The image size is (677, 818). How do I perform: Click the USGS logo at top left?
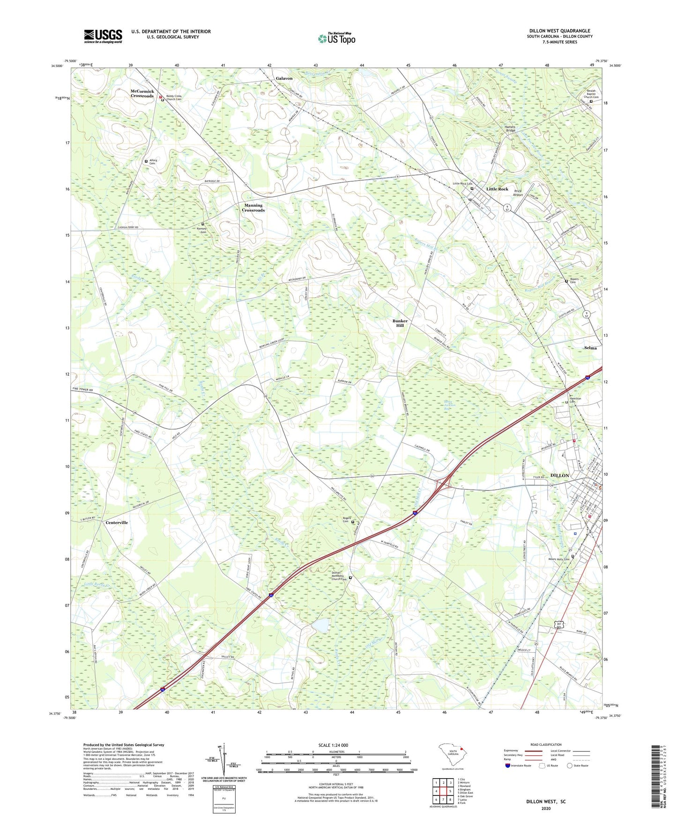pos(103,36)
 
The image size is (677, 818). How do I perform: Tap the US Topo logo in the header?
pos(336,38)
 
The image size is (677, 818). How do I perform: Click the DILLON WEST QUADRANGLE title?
pos(559,31)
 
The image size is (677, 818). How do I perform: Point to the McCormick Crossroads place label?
pos(142,93)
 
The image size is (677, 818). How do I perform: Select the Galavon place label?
pos(284,78)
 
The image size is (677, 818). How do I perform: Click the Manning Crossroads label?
pos(253,208)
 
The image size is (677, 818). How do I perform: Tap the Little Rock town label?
pos(497,189)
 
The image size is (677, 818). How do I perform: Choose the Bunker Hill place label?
pos(400,323)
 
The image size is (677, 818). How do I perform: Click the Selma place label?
pos(590,348)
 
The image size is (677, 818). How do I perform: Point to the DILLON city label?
pos(559,476)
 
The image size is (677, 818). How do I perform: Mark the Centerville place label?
pos(117,522)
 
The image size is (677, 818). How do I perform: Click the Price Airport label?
pos(518,193)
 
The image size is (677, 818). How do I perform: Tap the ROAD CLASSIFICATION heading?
pos(546,744)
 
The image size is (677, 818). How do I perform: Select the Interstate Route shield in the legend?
pos(508,766)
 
